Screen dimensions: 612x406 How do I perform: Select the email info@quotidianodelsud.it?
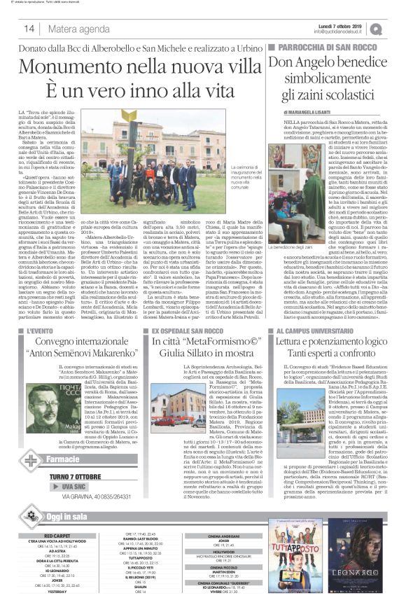[x=339, y=32]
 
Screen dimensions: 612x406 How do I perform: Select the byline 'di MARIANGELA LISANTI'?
[x=307, y=111]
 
